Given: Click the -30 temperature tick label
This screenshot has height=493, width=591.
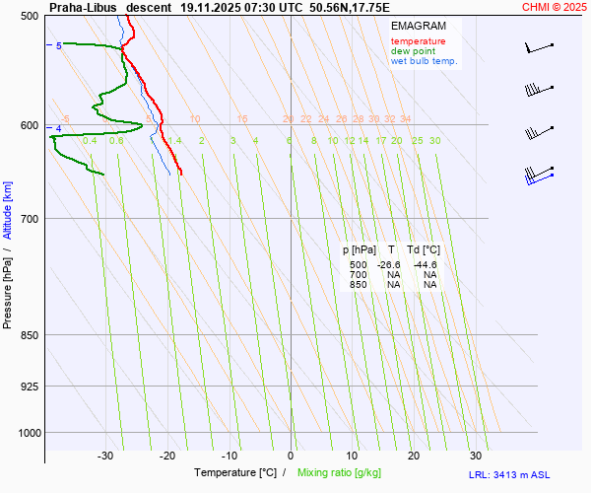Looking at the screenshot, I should click(x=105, y=456).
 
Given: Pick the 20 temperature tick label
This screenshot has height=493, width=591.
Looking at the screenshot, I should click(x=414, y=456).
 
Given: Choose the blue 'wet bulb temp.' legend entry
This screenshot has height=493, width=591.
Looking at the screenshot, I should click(x=425, y=61).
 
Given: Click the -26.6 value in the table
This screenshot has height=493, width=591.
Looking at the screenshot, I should click(x=390, y=265).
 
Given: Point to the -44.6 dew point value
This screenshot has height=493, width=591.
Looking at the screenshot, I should click(x=426, y=265).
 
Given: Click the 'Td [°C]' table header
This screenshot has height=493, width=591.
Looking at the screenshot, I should click(x=424, y=250).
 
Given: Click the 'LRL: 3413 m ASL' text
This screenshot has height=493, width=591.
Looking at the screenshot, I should click(x=510, y=475).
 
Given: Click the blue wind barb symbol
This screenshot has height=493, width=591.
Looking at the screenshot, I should click(x=537, y=175).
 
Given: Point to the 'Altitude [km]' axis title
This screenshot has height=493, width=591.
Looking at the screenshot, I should click(x=9, y=210).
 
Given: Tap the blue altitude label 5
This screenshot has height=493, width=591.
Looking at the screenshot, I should click(x=58, y=45).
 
